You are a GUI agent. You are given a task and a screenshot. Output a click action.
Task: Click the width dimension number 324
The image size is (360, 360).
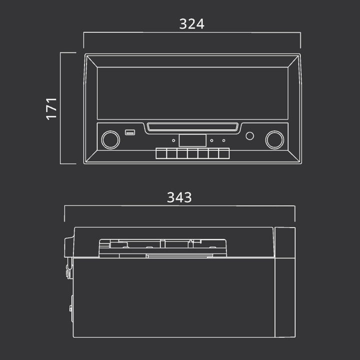click(191, 24)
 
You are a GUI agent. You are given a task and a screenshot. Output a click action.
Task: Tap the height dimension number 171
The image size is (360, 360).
click(51, 109)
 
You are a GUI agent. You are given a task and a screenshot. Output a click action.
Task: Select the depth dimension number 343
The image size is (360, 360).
click(179, 197)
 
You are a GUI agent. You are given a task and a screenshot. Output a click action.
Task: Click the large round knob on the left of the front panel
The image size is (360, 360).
click(110, 140)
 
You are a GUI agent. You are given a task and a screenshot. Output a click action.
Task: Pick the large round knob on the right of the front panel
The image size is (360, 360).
click(274, 140)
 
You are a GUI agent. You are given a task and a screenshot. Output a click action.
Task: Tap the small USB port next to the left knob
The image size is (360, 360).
click(130, 132)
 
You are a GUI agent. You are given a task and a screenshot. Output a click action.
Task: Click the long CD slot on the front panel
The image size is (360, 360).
click(192, 127)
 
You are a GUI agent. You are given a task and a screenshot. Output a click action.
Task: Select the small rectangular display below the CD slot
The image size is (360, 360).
click(192, 140)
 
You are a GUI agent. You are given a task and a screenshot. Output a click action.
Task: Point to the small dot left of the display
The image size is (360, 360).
click(173, 140)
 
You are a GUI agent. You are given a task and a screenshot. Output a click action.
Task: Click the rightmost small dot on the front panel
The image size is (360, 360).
click(223, 140)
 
